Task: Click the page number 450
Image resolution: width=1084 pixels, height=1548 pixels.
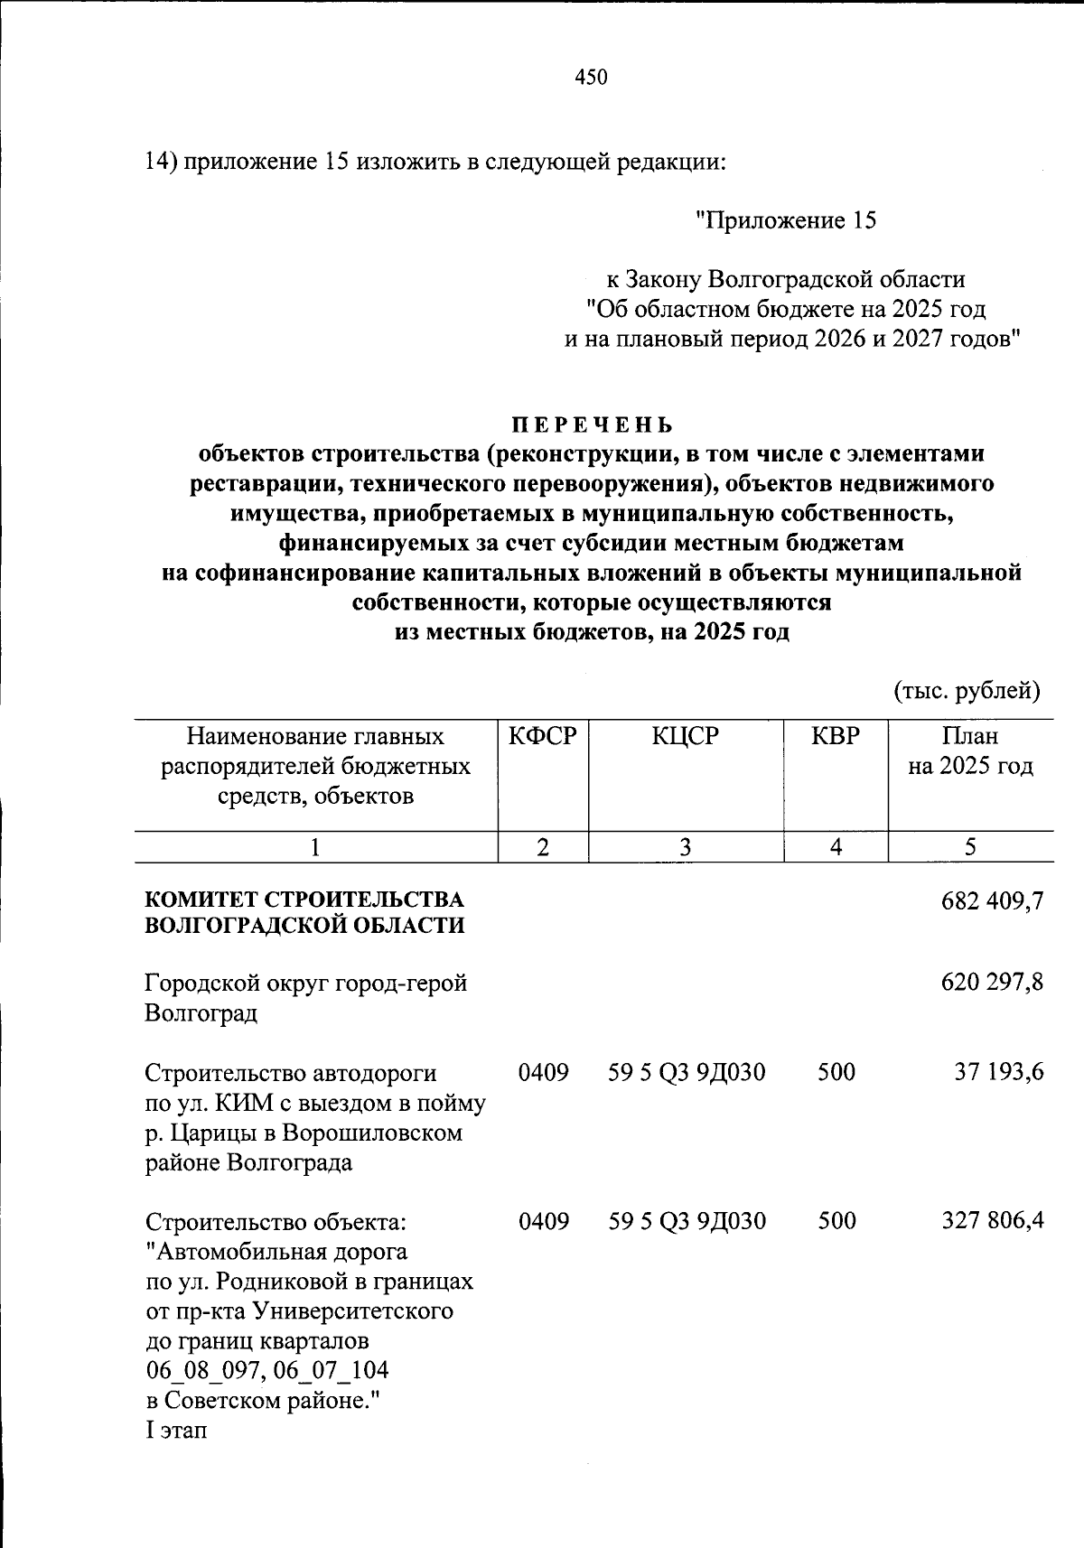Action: [x=592, y=78]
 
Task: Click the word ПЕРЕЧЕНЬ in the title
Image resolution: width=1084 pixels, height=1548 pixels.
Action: [x=593, y=424]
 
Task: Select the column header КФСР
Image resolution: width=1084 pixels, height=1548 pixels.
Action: [x=542, y=736]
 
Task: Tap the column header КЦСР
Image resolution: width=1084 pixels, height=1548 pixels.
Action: [x=686, y=736]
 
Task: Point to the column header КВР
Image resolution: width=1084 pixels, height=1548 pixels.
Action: [x=836, y=736]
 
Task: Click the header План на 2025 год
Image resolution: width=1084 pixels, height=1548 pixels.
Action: [x=970, y=751]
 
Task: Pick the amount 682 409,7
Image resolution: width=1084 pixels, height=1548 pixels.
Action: [x=992, y=900]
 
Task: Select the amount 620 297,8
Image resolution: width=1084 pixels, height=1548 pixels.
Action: [x=992, y=983]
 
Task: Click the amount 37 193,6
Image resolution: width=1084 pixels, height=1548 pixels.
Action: [x=999, y=1072]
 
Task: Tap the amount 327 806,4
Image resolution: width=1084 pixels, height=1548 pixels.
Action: [x=992, y=1221]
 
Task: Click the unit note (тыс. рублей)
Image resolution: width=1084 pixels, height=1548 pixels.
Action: [x=967, y=692]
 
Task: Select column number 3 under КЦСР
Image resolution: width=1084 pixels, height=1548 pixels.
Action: [x=686, y=847]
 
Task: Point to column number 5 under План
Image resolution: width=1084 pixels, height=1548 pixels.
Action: [x=970, y=847]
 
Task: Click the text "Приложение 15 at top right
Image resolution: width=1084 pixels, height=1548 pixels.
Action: [x=785, y=221]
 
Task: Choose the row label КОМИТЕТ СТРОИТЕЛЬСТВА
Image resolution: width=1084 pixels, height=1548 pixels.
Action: [x=304, y=900]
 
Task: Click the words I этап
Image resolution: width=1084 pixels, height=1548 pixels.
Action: [x=176, y=1431]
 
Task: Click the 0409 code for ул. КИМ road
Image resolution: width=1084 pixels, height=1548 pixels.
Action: [x=543, y=1072]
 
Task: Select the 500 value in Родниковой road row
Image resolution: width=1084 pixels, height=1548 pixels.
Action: [x=836, y=1221]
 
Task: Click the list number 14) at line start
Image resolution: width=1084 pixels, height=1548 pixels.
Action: [x=162, y=162]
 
